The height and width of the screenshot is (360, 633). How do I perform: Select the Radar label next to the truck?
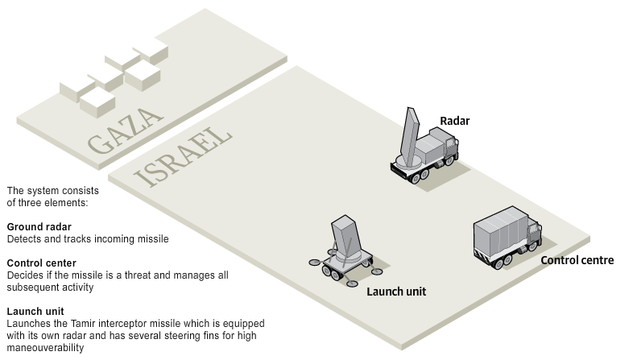(453, 122)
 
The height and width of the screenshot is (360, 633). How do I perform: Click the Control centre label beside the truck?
(577, 260)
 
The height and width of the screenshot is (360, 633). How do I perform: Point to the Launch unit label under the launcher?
(395, 292)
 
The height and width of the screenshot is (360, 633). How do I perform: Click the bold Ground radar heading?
(39, 227)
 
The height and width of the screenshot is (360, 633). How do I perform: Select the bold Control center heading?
(42, 263)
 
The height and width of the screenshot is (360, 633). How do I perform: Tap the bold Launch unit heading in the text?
(35, 311)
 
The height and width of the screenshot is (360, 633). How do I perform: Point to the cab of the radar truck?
(449, 149)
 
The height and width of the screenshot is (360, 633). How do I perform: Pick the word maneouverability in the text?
(44, 348)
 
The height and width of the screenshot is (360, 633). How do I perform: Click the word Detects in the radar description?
(23, 239)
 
